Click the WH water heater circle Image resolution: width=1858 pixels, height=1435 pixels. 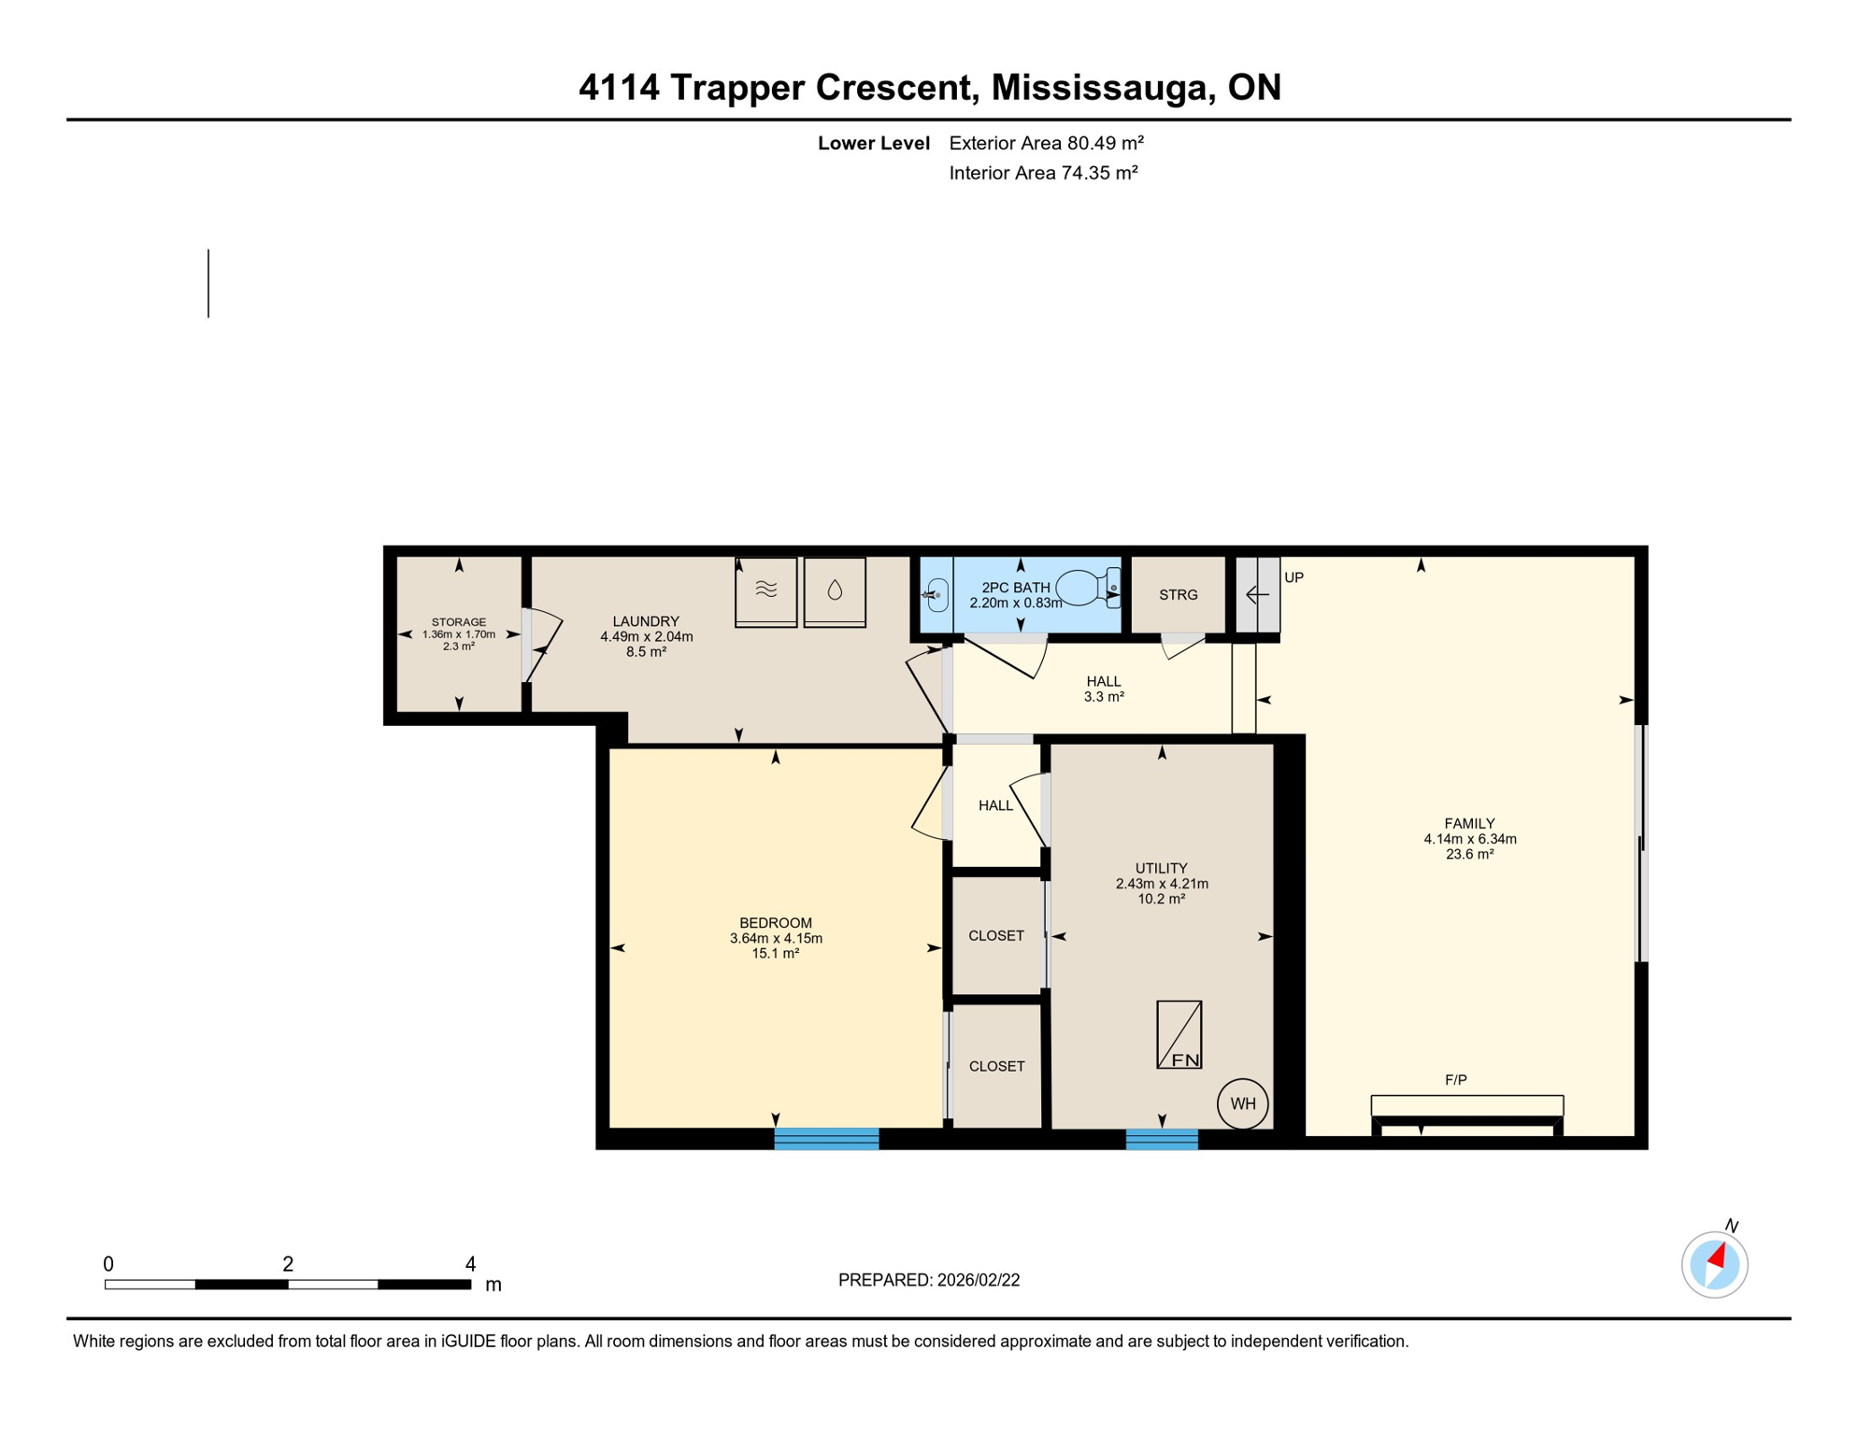point(1242,1103)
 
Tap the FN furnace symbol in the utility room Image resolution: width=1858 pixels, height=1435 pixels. point(1179,1035)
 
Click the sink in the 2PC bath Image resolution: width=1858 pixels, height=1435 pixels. point(936,595)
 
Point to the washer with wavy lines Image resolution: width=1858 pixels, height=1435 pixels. point(765,591)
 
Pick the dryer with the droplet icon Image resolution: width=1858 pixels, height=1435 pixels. point(835,591)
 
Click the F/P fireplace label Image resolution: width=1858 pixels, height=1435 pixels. point(1455,1080)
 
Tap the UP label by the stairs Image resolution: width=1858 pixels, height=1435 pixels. point(1293,577)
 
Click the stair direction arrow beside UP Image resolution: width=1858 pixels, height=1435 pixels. point(1257,594)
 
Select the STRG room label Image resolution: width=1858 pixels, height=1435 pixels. point(1178,595)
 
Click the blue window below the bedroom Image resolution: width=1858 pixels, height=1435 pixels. point(826,1138)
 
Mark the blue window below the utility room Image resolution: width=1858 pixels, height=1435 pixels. point(1161,1139)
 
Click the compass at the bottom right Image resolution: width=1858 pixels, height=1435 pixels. point(1714,1265)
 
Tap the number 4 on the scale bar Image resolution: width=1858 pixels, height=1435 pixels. point(470,1264)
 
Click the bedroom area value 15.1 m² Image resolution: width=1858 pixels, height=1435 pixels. point(775,954)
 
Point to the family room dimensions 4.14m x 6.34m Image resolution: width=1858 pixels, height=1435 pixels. point(1469,839)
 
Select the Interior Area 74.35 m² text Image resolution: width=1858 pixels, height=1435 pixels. point(1043,173)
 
